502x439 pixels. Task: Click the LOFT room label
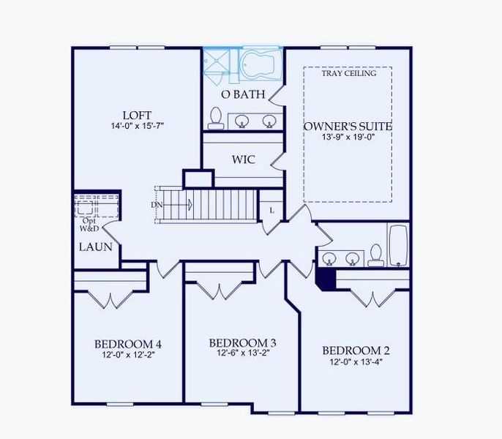[x=137, y=115]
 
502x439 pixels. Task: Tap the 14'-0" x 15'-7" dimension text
[x=138, y=126]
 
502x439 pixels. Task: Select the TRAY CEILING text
[x=349, y=73]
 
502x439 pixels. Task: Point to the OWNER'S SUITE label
[x=348, y=126]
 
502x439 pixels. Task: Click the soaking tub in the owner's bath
[x=260, y=64]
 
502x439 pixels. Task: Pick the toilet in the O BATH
[x=215, y=119]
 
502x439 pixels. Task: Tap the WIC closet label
[x=244, y=160]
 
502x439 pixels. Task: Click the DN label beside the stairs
[x=157, y=205]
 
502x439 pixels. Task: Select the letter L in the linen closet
[x=271, y=211]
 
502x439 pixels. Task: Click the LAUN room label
[x=96, y=247]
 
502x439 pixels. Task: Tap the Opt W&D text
[x=89, y=225]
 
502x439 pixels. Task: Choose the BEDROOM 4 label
[x=128, y=344]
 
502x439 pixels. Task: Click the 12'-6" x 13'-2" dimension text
[x=243, y=353]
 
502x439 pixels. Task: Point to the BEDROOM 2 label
[x=356, y=350]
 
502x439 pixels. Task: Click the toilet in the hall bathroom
[x=376, y=255]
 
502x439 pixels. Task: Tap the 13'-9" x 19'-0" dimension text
[x=348, y=137]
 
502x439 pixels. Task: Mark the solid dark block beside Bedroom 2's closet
[x=325, y=279]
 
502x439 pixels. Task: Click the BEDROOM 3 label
[x=243, y=343]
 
